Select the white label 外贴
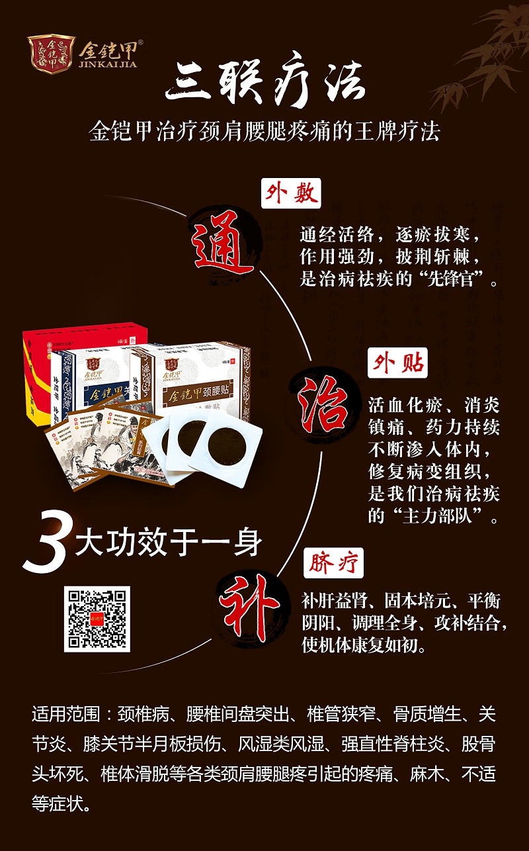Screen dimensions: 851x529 point(397,364)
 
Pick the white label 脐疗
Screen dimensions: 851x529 point(333,564)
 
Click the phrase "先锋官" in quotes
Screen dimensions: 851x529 point(450,279)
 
